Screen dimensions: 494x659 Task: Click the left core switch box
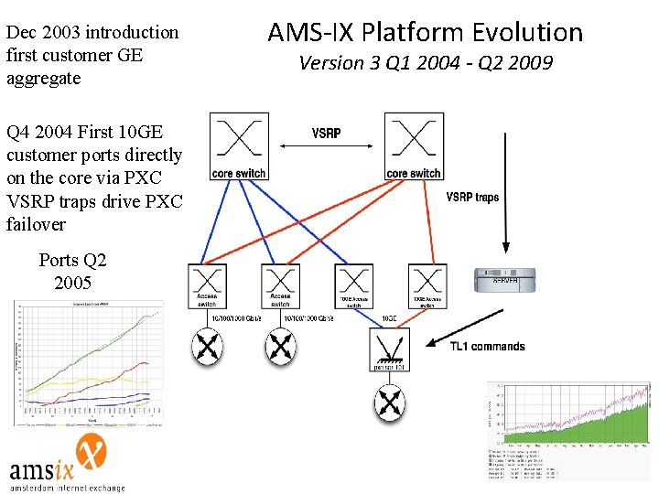pyautogui.click(x=238, y=145)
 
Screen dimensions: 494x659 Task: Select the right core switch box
pyautogui.click(x=414, y=145)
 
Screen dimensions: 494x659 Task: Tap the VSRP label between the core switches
pyautogui.click(x=326, y=134)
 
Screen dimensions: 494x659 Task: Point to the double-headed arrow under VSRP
pyautogui.click(x=326, y=145)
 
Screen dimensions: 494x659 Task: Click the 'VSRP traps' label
pyautogui.click(x=472, y=197)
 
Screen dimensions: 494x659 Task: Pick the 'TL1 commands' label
pyautogui.click(x=487, y=347)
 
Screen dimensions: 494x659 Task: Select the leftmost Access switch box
pyautogui.click(x=207, y=287)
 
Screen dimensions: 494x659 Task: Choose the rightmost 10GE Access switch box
pyautogui.click(x=426, y=287)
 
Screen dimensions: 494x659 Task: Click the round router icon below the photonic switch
pyautogui.click(x=390, y=403)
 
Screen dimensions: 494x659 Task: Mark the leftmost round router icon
pyautogui.click(x=208, y=346)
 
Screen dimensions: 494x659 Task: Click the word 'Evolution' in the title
pyautogui.click(x=529, y=33)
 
